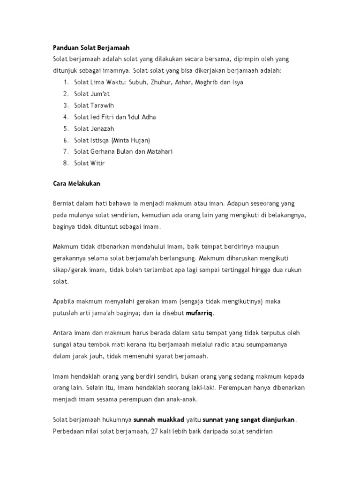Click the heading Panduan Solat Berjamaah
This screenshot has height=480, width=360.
[x=90, y=48]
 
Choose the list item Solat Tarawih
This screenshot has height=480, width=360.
[x=94, y=105]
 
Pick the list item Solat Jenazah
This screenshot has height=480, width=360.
[x=94, y=128]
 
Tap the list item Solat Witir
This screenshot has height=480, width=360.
[x=90, y=163]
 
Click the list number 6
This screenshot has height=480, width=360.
[x=66, y=140]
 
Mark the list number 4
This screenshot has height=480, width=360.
[x=66, y=117]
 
